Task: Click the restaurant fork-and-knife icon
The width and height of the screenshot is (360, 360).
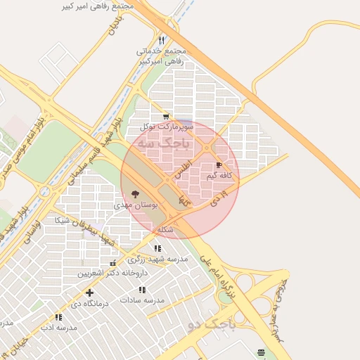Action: tap(162, 40)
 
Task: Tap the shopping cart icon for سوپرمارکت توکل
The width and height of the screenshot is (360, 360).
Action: tap(166, 117)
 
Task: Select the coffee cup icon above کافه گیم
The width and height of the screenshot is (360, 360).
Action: tap(219, 165)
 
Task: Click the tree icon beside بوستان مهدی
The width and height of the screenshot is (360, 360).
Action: tap(135, 194)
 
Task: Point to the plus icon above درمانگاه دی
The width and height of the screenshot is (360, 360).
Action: tap(89, 292)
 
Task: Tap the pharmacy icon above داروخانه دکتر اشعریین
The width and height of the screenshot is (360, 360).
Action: tap(112, 263)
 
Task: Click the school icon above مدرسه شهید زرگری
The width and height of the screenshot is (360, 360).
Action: tap(157, 248)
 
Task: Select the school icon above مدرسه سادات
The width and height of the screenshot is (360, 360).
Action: tap(142, 290)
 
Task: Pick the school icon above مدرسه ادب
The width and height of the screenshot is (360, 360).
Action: tap(58, 318)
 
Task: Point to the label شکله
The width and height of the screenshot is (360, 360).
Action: tap(165, 230)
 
